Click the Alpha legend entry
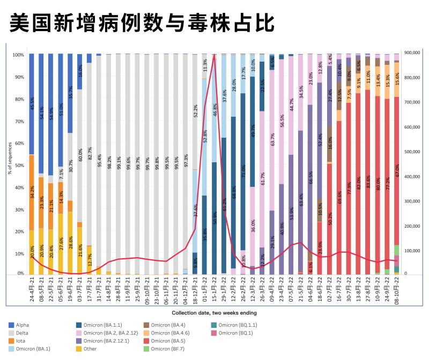coord(23,325)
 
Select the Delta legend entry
coord(23,333)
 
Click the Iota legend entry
coord(21,341)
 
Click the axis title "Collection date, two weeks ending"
coord(214,313)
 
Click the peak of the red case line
coord(214,55)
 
